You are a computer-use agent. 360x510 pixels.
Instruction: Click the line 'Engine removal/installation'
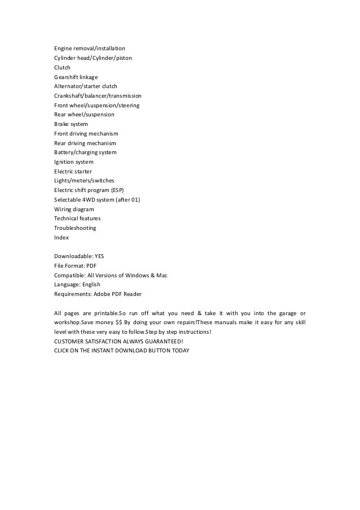pos(89,49)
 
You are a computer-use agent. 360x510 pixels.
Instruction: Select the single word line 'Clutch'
pos(62,67)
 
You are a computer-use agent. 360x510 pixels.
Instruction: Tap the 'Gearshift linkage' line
pos(76,77)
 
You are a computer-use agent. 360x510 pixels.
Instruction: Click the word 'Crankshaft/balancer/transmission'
pos(98,96)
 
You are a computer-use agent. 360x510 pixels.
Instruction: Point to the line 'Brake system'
pos(71,124)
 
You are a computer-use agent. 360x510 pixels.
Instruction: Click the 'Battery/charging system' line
pos(85,152)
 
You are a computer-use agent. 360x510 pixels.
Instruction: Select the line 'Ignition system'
pos(73,162)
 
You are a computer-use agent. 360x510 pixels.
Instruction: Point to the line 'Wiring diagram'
pos(74,209)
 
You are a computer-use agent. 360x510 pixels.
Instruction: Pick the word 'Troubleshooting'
pos(75,228)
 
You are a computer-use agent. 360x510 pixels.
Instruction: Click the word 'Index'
pos(61,238)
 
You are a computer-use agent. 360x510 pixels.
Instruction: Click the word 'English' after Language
pos(92,285)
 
